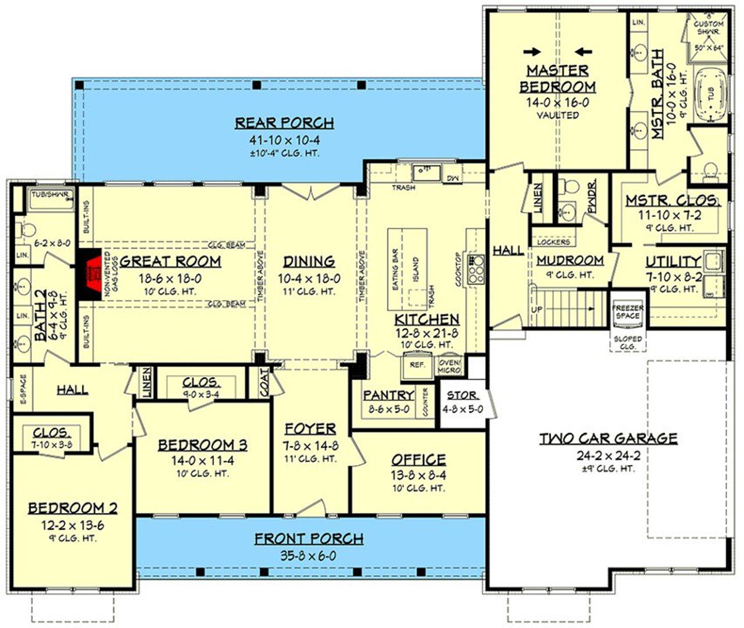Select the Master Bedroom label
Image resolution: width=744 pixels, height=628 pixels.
click(x=557, y=79)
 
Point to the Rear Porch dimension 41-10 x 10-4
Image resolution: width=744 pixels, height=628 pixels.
click(x=285, y=140)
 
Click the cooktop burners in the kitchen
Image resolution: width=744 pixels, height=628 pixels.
click(x=477, y=267)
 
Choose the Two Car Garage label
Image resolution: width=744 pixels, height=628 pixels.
click(x=607, y=438)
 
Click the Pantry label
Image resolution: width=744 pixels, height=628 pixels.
click(x=388, y=395)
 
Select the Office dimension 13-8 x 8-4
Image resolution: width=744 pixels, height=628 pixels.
click(x=418, y=475)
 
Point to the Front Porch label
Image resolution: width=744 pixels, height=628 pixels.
click(x=309, y=539)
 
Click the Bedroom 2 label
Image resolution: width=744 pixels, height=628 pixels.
click(x=73, y=508)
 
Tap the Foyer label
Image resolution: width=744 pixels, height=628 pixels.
click(x=310, y=429)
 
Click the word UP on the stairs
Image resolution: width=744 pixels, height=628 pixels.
click(x=537, y=310)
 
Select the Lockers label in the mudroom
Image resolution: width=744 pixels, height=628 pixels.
click(x=553, y=242)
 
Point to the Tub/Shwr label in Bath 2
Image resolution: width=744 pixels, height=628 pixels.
click(x=51, y=194)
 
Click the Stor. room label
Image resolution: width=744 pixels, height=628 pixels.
click(x=462, y=395)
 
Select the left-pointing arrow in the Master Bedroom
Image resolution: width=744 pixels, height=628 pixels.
click(x=583, y=51)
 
